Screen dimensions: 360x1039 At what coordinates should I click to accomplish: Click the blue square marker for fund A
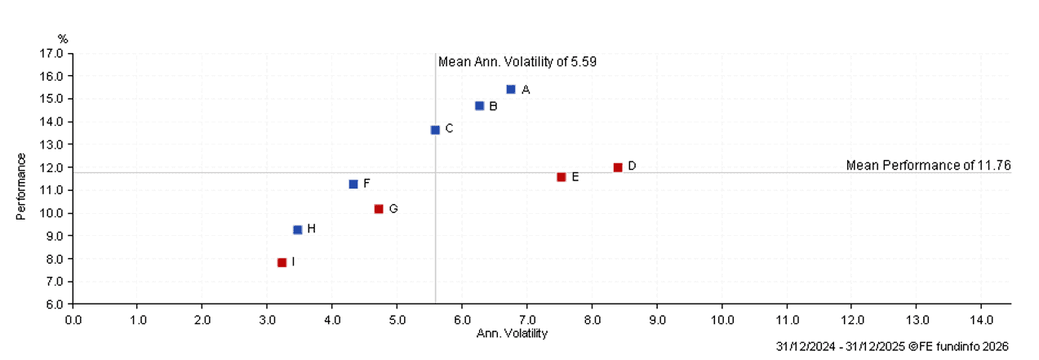click(511, 89)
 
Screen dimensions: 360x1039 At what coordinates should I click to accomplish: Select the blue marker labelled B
click(479, 106)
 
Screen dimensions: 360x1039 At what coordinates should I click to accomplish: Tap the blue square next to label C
click(435, 130)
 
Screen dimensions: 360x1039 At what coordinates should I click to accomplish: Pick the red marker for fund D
click(618, 167)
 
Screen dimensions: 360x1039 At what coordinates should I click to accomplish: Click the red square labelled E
click(561, 177)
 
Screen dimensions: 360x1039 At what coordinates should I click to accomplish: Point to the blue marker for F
click(353, 184)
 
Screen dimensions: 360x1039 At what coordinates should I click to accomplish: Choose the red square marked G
click(379, 209)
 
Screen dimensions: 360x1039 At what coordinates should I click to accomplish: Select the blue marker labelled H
click(297, 230)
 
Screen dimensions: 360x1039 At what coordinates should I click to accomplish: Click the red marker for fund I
click(282, 263)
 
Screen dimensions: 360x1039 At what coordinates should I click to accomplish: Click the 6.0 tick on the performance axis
click(55, 304)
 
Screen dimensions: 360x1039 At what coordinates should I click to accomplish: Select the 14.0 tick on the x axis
click(981, 318)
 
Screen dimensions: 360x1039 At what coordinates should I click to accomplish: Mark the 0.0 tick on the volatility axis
click(73, 318)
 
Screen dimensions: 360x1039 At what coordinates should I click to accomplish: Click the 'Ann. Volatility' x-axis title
click(512, 333)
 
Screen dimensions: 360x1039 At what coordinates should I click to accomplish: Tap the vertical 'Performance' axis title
click(22, 186)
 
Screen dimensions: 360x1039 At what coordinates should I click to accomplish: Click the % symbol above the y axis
click(63, 39)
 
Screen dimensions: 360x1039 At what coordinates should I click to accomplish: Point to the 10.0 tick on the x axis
click(722, 318)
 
